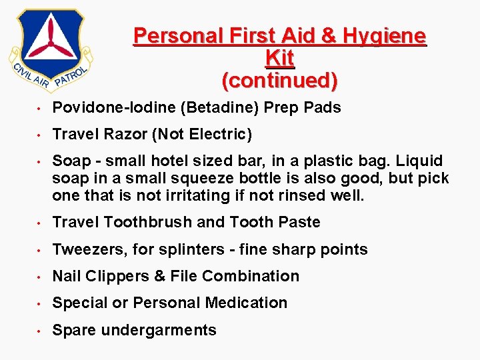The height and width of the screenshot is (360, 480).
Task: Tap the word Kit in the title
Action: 280,59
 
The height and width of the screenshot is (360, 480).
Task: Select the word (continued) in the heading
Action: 280,81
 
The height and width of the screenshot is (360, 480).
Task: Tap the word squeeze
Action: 191,179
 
